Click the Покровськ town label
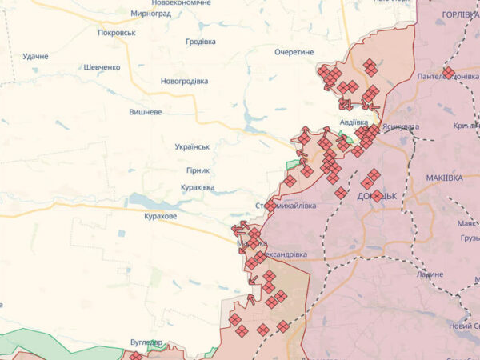coord(116,33)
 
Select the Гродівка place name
coord(200,42)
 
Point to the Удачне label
coord(35,56)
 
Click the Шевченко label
coord(102,67)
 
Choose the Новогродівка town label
coord(184,82)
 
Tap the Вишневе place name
coord(146,112)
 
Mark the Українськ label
coord(192,147)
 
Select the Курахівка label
coord(198,187)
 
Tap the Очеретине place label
coord(294,51)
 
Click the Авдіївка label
coord(353,122)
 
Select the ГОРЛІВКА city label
coord(459,14)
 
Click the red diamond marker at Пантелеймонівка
coord(449,73)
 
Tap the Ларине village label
coord(430,274)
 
